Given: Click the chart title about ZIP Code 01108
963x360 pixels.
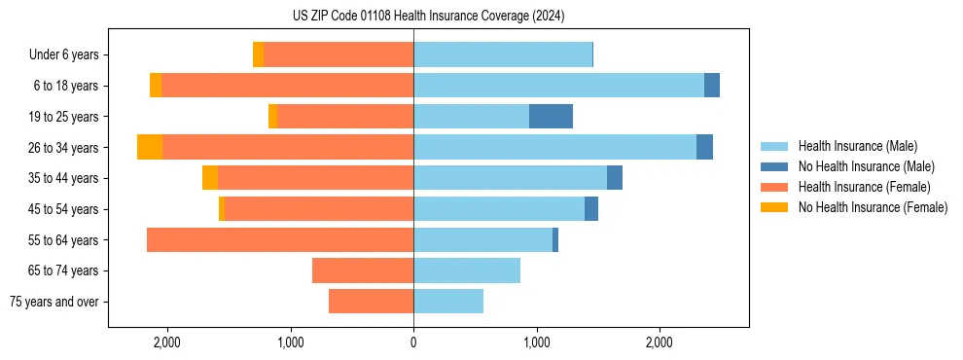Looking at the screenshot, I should (428, 17).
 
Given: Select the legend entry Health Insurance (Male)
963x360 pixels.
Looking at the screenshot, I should (857, 146).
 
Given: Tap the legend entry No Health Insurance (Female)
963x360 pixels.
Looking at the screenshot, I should (873, 207).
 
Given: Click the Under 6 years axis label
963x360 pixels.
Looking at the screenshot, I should (64, 54).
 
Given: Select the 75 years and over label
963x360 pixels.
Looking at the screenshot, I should (54, 302).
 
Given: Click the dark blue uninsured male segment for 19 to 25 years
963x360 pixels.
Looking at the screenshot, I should (551, 117).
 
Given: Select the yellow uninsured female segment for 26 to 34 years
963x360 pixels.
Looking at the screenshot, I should (150, 147).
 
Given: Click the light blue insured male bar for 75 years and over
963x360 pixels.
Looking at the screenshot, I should (448, 302).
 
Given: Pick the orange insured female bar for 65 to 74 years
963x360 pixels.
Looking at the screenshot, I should (363, 270).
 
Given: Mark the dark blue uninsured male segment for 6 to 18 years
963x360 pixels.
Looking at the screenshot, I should (712, 86).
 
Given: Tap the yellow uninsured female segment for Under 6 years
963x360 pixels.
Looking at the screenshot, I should (258, 54).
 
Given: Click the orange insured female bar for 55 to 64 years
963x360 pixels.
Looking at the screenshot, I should (280, 239).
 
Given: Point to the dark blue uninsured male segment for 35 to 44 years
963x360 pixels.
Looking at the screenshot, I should (615, 178).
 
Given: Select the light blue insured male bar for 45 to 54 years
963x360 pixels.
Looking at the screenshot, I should (499, 209).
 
